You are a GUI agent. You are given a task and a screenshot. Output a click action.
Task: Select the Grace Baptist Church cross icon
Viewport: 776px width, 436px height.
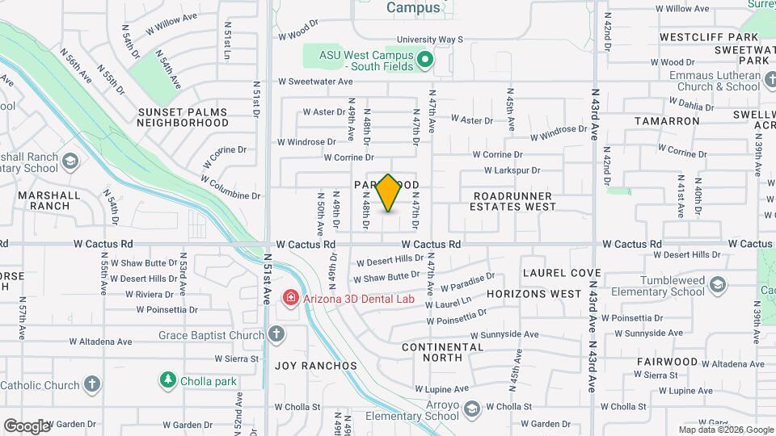point(276,334)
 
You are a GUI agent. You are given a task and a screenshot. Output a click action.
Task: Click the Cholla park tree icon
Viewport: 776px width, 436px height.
point(168,379)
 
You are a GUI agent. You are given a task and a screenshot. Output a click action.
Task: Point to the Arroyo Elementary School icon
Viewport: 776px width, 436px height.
point(472,410)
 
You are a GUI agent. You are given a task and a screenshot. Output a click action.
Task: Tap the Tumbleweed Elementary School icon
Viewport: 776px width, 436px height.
point(718,285)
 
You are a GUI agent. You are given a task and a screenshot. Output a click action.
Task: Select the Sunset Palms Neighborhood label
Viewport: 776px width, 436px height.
point(183,117)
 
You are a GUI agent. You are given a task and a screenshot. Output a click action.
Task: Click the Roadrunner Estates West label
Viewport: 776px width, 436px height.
point(513,201)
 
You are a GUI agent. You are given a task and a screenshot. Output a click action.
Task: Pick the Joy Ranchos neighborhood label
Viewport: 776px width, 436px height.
point(315,366)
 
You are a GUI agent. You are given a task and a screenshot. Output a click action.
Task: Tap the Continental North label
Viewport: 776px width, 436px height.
point(443,352)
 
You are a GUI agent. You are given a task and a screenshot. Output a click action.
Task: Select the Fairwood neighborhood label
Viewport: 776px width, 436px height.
point(667,362)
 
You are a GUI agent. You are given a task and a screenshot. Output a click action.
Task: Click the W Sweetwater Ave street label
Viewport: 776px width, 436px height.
point(316,82)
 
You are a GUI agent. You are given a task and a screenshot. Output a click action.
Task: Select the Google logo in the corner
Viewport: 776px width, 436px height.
point(27,426)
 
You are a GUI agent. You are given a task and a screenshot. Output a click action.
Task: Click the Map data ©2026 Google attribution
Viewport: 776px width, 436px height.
point(726,430)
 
